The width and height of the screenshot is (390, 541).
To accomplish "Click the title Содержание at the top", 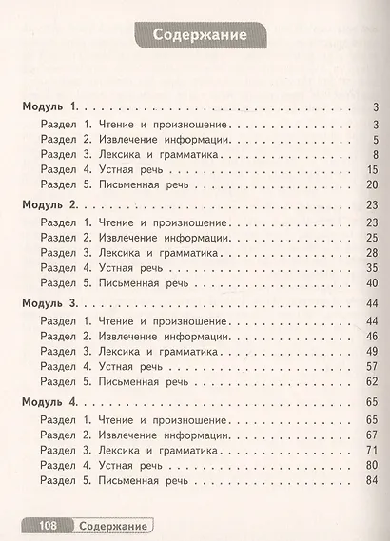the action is (196, 37).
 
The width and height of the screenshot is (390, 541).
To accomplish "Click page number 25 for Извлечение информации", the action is (373, 237).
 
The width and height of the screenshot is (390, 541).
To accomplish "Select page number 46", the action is (373, 337).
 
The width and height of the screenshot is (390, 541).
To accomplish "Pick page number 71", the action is (373, 452).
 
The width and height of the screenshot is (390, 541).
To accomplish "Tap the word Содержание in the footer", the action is (112, 525).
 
